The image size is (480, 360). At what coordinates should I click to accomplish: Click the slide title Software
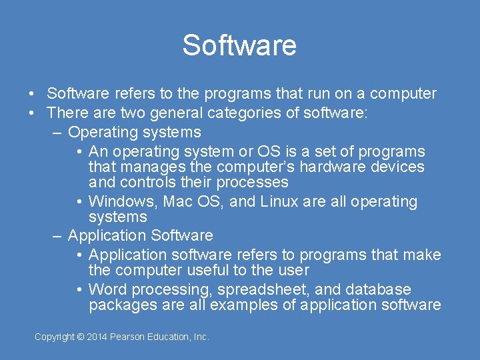(x=239, y=45)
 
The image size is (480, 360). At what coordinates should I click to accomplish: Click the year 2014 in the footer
(x=97, y=337)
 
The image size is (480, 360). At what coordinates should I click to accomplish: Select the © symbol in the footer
(x=81, y=337)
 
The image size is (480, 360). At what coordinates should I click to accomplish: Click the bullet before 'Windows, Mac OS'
(x=79, y=201)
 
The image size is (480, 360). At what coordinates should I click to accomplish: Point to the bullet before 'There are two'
(x=31, y=113)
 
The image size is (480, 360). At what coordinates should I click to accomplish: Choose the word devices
(x=399, y=167)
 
